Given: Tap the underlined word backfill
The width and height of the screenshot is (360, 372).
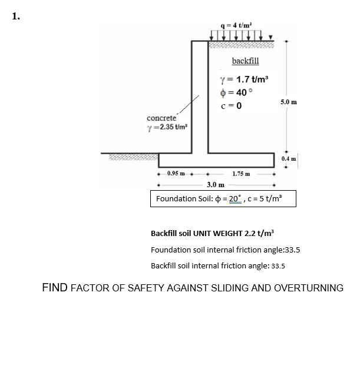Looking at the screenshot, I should tap(245, 61).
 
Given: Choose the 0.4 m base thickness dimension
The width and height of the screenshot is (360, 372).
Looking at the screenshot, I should tap(289, 158).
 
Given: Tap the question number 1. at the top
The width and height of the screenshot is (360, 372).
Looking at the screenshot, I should tap(15, 16).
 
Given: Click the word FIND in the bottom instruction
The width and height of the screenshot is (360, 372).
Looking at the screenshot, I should tap(55, 288).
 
